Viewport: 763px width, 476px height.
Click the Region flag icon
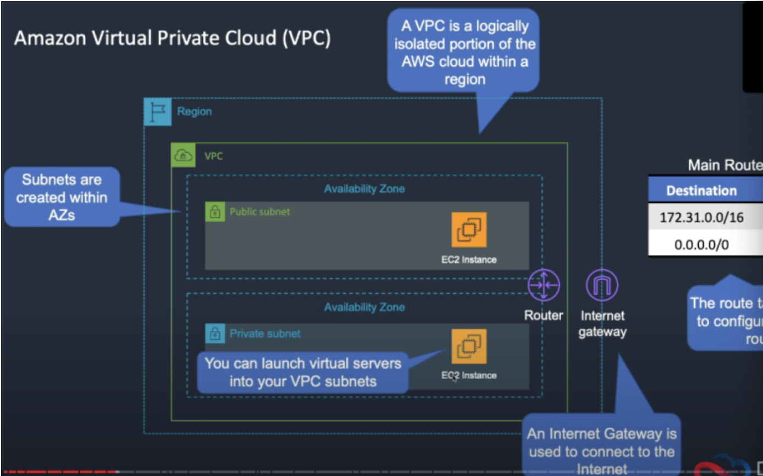click(157, 112)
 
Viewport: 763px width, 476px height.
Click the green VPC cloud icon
click(183, 156)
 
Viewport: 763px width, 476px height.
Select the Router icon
click(543, 285)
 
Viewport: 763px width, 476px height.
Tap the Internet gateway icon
click(602, 285)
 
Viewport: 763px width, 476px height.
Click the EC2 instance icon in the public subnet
click(469, 230)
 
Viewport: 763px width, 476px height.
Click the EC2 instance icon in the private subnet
click(469, 346)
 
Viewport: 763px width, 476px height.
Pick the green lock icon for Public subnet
click(215, 212)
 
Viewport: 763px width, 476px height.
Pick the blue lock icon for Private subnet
click(215, 334)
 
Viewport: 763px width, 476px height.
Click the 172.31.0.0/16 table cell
click(702, 217)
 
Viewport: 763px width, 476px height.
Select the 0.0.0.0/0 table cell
click(702, 244)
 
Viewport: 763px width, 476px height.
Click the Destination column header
click(702, 191)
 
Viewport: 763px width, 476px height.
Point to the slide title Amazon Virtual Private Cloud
click(172, 38)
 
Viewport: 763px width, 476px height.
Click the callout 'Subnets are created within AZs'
click(62, 197)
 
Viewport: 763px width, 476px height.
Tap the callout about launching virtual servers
click(303, 372)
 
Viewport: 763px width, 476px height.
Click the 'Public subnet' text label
click(259, 212)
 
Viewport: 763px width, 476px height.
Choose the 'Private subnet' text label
click(265, 334)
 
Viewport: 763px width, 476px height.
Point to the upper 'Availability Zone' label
click(364, 189)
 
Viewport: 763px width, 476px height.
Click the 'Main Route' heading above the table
click(725, 165)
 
